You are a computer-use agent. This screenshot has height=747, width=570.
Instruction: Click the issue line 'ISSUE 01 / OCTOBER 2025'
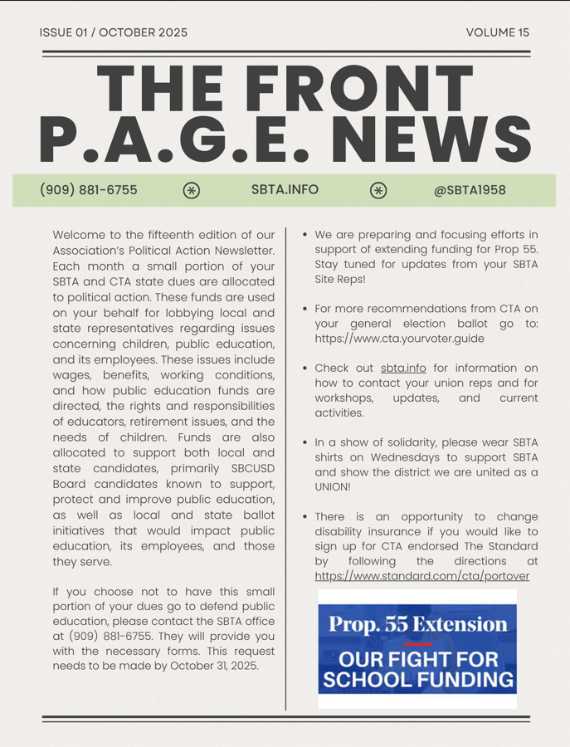coord(113,32)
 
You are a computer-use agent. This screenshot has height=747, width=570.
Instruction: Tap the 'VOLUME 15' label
coord(497,32)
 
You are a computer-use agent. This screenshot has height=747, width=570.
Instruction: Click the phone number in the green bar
coord(89,190)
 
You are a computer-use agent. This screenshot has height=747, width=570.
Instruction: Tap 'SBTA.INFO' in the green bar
coord(285,190)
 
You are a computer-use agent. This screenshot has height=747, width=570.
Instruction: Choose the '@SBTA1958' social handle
coord(470,190)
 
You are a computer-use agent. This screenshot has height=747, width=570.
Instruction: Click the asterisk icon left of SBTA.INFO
coord(192,191)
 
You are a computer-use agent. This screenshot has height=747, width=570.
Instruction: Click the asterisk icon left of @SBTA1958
coord(378,191)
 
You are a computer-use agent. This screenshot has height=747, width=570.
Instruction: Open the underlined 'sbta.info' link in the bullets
coord(403,368)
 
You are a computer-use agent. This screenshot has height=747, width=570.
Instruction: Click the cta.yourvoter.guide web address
coord(399,339)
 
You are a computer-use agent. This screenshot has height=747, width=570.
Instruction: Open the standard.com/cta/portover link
coord(421,576)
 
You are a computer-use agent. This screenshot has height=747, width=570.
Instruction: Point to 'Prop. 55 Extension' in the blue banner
coord(417,623)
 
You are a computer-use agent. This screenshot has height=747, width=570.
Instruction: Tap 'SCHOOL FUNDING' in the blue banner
coord(417,680)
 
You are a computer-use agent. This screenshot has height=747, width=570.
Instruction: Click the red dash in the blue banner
coord(417,643)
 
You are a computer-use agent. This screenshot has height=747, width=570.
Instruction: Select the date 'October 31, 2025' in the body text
coord(212,666)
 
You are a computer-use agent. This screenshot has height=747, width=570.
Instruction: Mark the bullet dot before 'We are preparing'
coord(305,236)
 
